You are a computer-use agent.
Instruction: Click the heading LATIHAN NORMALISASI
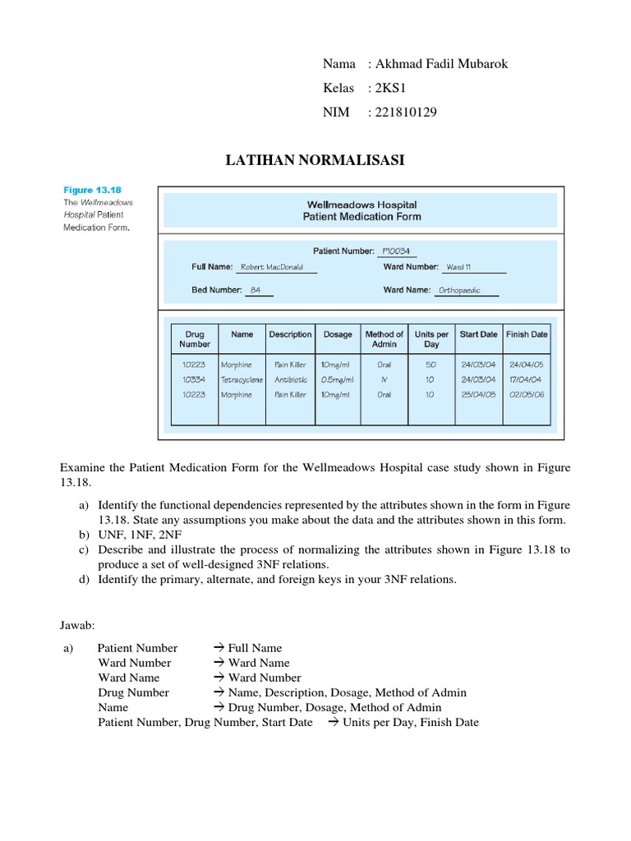(x=315, y=160)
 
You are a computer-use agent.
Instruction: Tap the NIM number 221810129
(x=405, y=113)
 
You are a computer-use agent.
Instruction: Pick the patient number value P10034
(x=396, y=250)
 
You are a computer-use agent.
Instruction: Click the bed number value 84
(x=255, y=290)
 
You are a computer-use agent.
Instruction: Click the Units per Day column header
(x=431, y=339)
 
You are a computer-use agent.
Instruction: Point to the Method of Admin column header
(x=384, y=339)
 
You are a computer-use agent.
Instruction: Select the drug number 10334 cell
(x=196, y=379)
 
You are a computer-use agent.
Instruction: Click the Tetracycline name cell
(x=242, y=379)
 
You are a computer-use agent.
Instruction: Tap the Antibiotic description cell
(x=290, y=379)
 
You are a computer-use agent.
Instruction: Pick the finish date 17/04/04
(x=526, y=379)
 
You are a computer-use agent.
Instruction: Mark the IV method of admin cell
(x=384, y=379)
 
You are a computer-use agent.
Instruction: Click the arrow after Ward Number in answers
(x=219, y=663)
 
